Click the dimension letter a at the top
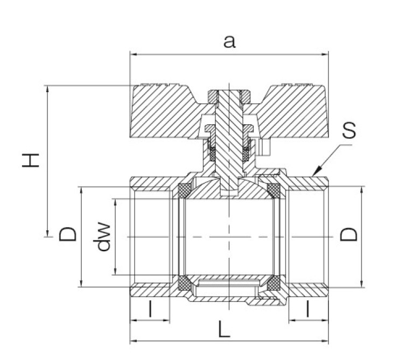(229, 42)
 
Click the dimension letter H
(31, 160)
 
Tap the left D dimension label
(68, 234)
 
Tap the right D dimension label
(349, 235)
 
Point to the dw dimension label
(102, 237)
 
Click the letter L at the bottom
(224, 329)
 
